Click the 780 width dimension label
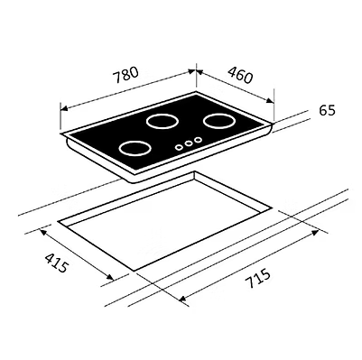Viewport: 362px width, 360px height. [125, 75]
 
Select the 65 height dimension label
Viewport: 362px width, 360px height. [327, 111]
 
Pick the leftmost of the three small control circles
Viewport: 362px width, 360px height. [179, 145]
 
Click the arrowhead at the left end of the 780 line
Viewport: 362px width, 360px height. [62, 106]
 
